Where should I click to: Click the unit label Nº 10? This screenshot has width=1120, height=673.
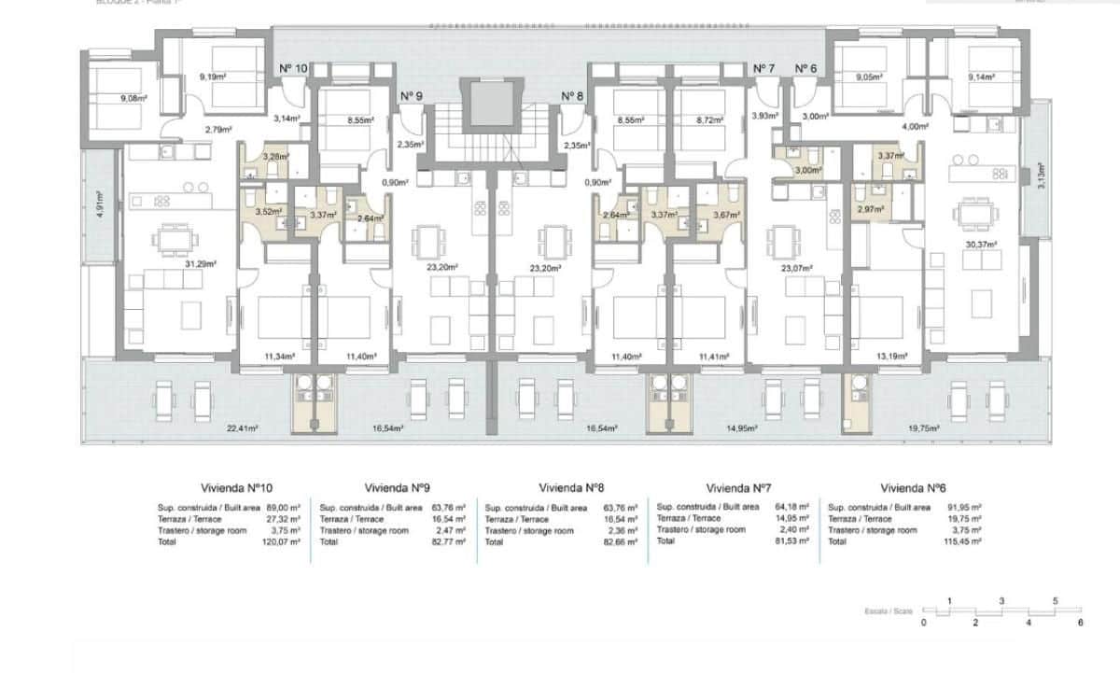(x=293, y=68)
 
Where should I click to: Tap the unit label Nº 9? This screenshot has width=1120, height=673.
(x=412, y=95)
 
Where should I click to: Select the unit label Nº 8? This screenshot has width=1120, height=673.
(x=572, y=95)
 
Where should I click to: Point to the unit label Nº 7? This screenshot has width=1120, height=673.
(x=763, y=68)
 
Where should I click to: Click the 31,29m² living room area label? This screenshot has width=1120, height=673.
(x=201, y=264)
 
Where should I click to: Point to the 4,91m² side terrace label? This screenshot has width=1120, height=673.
(x=100, y=203)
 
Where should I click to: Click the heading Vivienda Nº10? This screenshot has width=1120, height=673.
(x=236, y=487)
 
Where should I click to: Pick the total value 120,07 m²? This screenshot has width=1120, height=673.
(x=283, y=541)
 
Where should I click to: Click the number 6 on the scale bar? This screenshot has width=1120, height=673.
(x=1080, y=622)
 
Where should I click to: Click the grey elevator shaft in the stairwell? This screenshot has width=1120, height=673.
(x=492, y=104)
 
